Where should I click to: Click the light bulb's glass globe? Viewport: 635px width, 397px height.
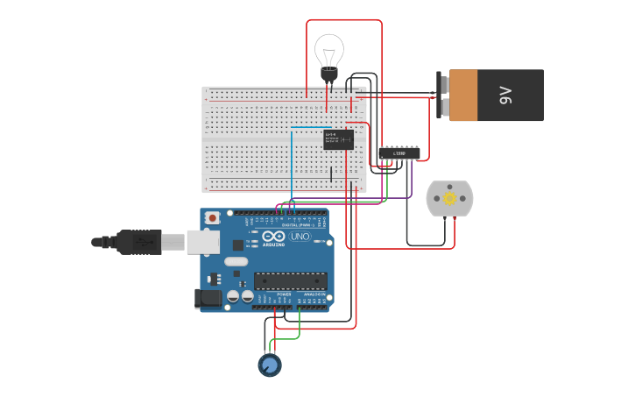329,51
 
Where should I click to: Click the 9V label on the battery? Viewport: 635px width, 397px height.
505,95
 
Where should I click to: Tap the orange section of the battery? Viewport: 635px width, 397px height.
463,95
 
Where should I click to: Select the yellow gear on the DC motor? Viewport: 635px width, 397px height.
449,198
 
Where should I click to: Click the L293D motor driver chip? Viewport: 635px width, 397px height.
399,153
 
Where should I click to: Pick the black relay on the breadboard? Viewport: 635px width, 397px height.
338,139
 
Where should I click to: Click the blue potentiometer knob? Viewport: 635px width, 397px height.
270,365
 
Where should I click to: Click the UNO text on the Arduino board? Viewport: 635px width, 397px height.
300,237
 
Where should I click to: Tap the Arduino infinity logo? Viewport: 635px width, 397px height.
273,237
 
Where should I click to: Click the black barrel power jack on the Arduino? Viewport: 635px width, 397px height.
208,298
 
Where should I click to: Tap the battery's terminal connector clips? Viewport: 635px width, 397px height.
443,95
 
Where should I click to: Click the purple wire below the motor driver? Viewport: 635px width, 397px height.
411,184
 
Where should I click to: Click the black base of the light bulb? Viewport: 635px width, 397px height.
329,76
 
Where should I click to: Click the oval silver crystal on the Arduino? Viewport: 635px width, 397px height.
236,261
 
